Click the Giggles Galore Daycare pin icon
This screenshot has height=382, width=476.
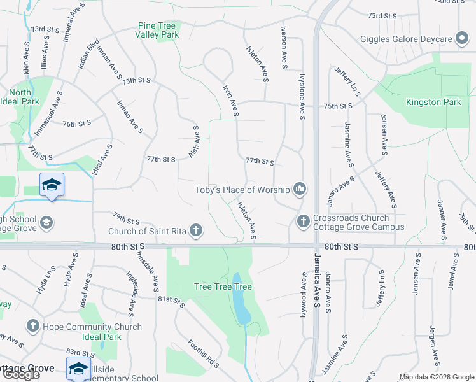click(461, 39)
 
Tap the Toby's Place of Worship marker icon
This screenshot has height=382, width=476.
click(300, 189)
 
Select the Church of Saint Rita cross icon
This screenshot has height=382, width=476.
click(197, 231)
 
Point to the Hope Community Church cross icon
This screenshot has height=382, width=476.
click(34, 327)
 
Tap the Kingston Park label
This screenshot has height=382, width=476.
click(433, 102)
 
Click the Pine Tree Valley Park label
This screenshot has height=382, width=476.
click(157, 31)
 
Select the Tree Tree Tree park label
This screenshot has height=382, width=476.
click(223, 287)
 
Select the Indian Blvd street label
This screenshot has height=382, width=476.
click(88, 57)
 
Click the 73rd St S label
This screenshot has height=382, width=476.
click(382, 15)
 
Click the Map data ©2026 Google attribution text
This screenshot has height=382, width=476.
click(436, 377)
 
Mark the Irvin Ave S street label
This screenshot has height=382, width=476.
click(230, 100)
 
